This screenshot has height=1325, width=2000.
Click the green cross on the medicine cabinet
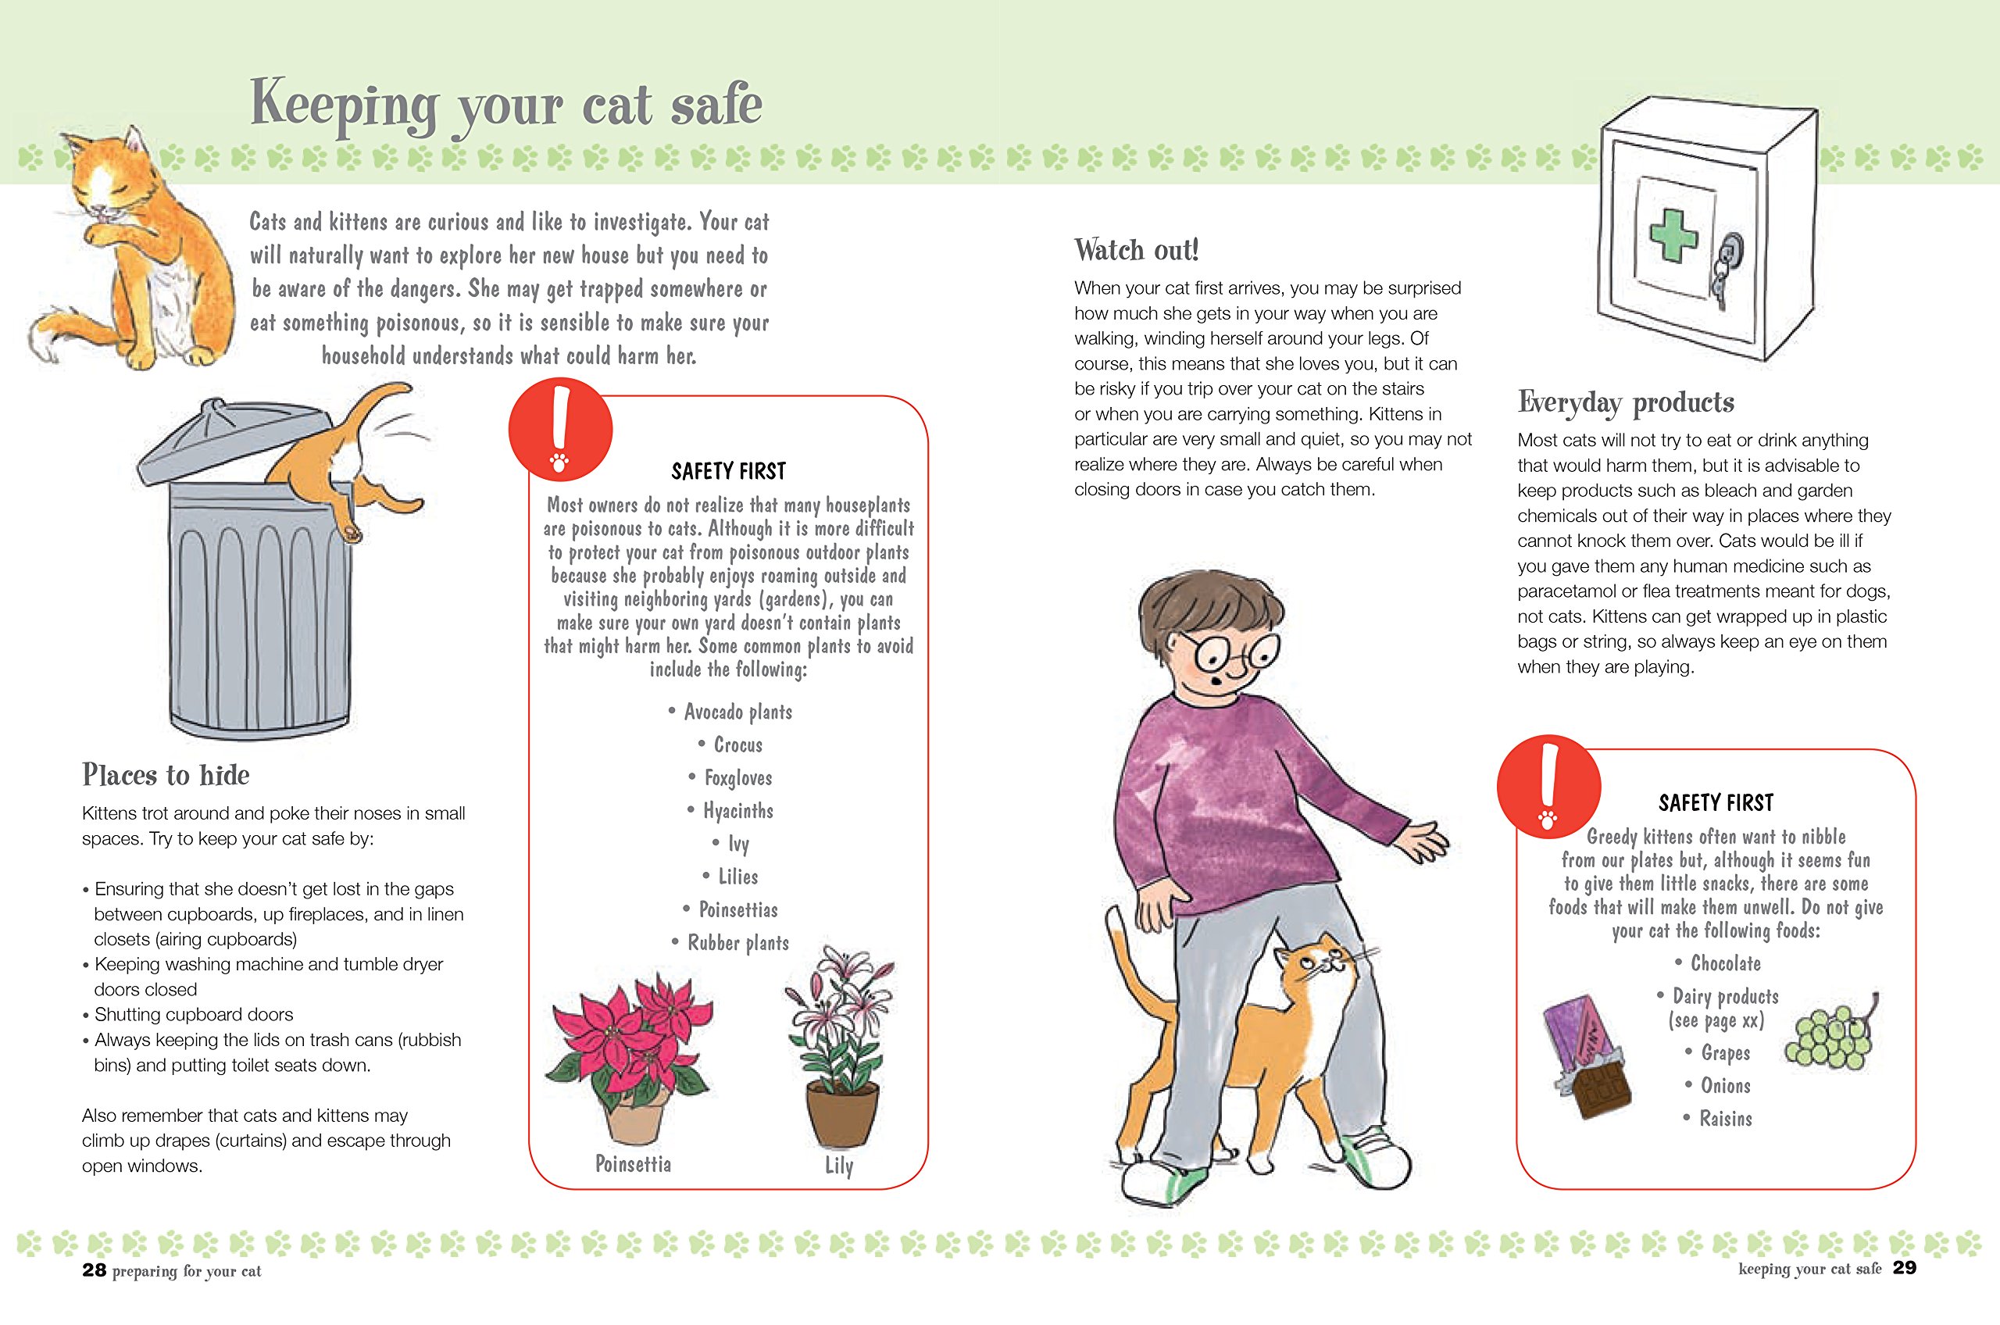(x=1673, y=234)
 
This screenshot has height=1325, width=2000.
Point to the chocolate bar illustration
(x=1586, y=1056)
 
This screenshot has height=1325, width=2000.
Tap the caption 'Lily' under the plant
(x=839, y=1166)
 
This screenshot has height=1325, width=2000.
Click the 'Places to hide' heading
(x=166, y=775)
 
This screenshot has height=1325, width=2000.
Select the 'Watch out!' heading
(x=1137, y=250)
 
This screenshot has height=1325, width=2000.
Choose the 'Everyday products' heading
(x=1626, y=403)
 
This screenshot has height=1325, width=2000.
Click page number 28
(x=94, y=1270)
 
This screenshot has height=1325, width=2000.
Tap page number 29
(x=1905, y=1267)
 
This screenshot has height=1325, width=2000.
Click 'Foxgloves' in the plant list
(x=737, y=777)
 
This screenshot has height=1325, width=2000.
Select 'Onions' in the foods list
(x=1726, y=1086)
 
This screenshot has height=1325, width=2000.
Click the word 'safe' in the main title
(x=716, y=104)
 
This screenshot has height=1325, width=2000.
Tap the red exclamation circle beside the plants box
(x=560, y=429)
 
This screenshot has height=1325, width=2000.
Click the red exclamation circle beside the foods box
(x=1548, y=787)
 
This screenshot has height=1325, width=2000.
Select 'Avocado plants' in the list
(x=737, y=712)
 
